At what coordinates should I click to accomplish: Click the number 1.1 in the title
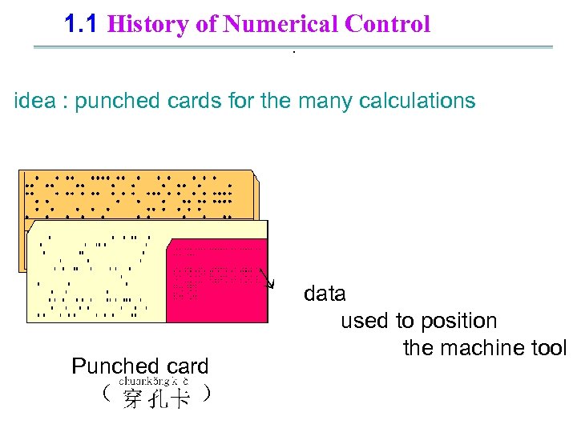81,24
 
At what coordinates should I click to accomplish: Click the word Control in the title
388,24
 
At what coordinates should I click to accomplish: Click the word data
325,294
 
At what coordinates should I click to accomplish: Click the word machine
488,348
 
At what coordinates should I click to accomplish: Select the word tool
550,348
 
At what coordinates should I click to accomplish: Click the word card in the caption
187,366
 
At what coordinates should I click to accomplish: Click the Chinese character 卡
180,398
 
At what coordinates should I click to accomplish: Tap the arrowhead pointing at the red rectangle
272,284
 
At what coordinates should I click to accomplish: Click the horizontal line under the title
293,47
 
